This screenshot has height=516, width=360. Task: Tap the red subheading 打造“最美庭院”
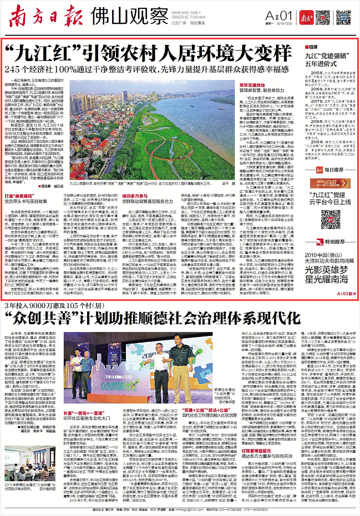26,181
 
